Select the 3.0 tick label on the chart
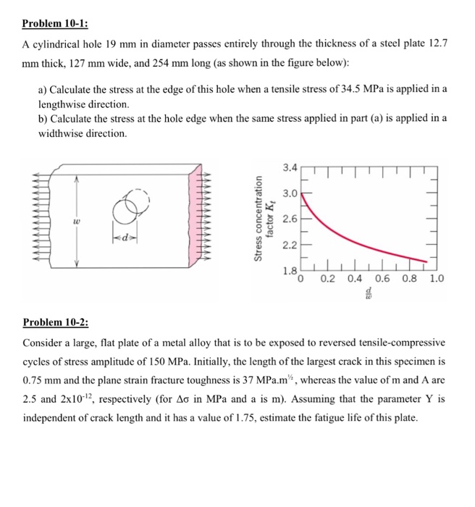[290, 193]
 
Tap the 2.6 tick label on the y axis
[290, 219]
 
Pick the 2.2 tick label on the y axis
[290, 245]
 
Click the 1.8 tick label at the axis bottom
[289, 271]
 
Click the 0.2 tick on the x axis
[328, 278]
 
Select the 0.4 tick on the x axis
[356, 278]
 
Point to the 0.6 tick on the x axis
[383, 278]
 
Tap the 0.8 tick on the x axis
[411, 278]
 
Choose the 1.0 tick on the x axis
[437, 278]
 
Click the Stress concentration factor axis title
[262, 215]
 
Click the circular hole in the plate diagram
[122, 208]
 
